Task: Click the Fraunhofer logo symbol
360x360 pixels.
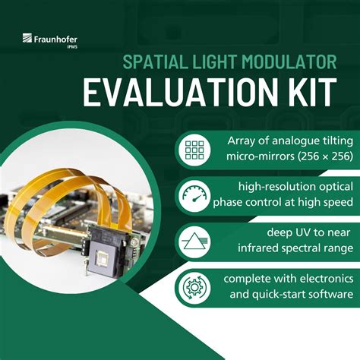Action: click(27, 38)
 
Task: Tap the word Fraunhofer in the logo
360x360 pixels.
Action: click(55, 39)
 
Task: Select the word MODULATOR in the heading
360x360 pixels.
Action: click(289, 62)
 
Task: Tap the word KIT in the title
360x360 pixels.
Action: click(312, 93)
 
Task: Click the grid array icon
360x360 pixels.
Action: click(194, 150)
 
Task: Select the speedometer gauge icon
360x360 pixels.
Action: click(194, 196)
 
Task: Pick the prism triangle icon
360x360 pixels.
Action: click(194, 242)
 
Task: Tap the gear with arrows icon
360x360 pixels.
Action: click(194, 288)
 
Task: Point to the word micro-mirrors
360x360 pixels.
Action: click(261, 156)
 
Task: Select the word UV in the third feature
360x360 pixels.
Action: click(304, 232)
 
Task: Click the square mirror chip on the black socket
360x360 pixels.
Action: click(103, 259)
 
